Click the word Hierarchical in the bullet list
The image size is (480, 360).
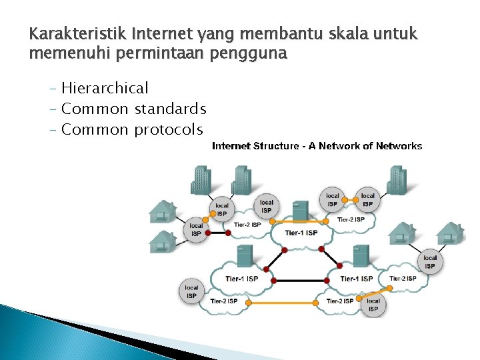[105, 88]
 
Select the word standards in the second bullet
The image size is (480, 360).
[170, 109]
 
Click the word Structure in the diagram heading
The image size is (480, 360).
[277, 146]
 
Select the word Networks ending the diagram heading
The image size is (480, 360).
[398, 146]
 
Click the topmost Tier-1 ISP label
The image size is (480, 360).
[301, 233]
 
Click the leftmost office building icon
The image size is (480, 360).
[201, 180]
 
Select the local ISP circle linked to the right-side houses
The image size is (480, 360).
[430, 262]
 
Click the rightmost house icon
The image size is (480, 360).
[451, 234]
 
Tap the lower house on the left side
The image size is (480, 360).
[162, 241]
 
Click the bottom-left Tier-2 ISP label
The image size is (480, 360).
[223, 301]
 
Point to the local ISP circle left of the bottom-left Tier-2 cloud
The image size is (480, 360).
[191, 292]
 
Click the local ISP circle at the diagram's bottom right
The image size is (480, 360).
[373, 305]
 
